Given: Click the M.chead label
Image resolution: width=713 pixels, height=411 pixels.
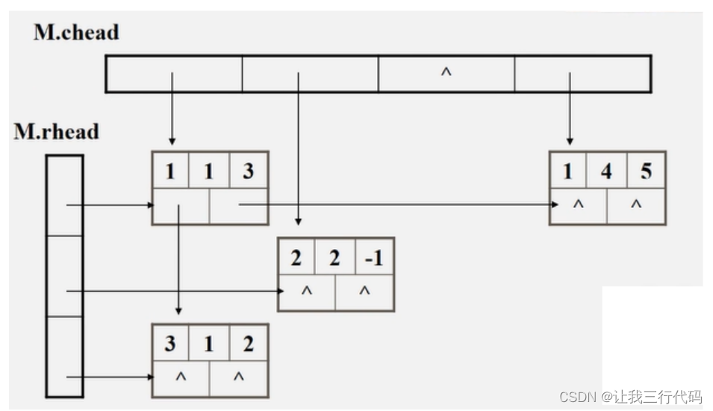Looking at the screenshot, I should point(76,32).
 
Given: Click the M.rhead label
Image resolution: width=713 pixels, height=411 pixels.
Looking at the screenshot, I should point(56,132).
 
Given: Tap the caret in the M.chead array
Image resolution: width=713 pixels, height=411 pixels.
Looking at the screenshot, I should point(446,73).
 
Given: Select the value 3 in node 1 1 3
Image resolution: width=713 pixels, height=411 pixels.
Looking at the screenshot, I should point(248,172).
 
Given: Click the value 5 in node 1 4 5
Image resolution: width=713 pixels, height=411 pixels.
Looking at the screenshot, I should point(645,172).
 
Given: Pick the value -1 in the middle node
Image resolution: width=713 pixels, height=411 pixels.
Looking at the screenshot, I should point(373,258).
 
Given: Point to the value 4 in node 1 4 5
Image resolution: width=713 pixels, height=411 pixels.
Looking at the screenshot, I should point(606,172).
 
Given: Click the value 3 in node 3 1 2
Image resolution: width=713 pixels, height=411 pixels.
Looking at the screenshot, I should point(170,344).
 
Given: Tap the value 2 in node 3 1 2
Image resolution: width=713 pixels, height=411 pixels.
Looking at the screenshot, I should point(248,344).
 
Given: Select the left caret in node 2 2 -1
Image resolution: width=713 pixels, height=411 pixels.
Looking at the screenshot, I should point(306,292).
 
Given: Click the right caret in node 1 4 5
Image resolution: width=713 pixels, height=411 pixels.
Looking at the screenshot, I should point(636,204).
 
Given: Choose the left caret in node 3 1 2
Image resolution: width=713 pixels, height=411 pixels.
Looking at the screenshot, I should point(180,377).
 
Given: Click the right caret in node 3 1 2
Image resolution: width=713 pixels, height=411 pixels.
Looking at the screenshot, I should point(238,377).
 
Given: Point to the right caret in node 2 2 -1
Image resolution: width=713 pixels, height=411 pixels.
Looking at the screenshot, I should point(364,292).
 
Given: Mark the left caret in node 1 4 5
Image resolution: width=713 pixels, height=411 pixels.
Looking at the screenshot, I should point(578,204).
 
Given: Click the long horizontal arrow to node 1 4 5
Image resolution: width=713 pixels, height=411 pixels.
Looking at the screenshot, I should point(396,204).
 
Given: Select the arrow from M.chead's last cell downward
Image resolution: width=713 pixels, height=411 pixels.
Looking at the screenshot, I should point(570,108).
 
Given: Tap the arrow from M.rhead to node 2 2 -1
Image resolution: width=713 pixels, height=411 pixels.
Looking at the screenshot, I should point(172,291).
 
